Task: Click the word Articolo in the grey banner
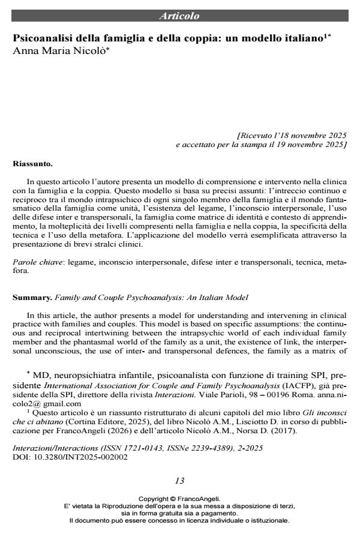179,16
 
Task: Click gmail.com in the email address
64,404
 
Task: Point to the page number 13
179,481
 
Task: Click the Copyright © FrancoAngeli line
179,499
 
